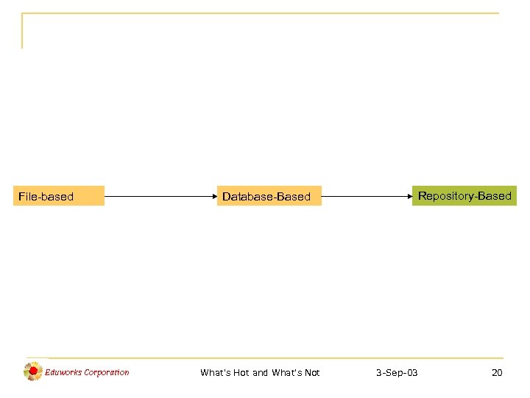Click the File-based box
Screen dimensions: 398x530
pos(59,196)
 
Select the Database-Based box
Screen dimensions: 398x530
pos(270,196)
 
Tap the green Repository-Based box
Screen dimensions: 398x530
pos(464,195)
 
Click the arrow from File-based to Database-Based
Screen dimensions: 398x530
pos(162,197)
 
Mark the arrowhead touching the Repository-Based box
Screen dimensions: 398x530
pos(408,197)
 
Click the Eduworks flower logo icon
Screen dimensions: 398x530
pos(33,371)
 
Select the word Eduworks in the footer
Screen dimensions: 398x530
pos(63,372)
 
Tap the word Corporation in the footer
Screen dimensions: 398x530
pos(107,372)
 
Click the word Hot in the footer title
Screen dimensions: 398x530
pos(241,373)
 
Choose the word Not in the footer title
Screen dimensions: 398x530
pos(311,373)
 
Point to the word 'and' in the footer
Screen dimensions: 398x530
pos(261,373)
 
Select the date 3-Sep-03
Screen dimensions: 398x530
pos(397,373)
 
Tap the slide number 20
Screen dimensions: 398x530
pos(497,373)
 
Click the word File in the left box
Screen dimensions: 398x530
pos(27,197)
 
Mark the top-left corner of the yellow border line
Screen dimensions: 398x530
pos(23,13)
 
